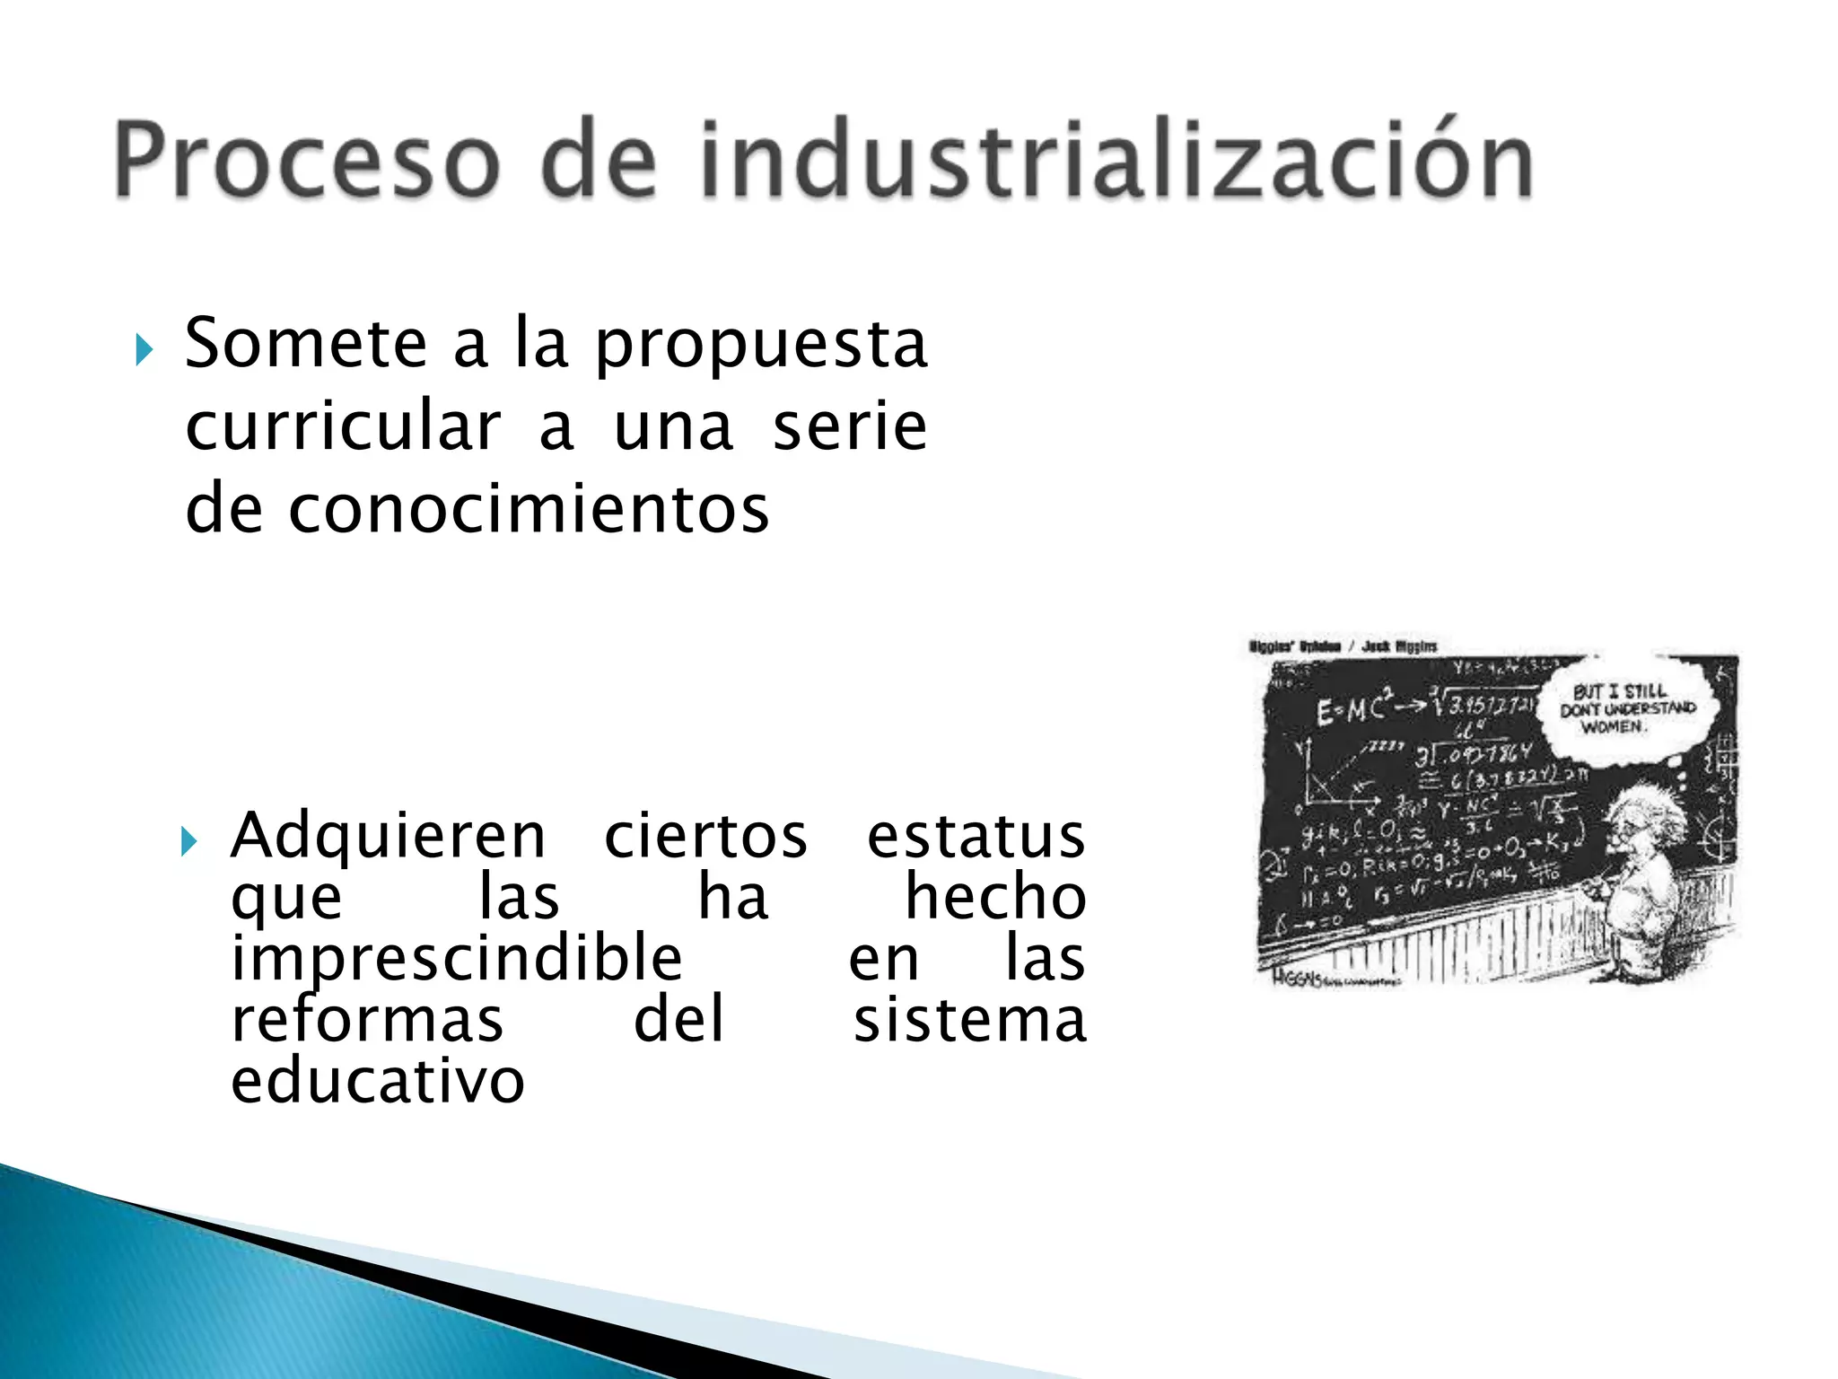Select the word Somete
(305, 343)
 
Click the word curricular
(343, 426)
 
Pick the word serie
(849, 426)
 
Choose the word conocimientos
(528, 509)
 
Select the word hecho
(995, 897)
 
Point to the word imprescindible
(457, 959)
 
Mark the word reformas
(367, 1020)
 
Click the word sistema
(969, 1020)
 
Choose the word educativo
(378, 1081)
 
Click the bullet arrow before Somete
(144, 349)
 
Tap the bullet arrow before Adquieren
(188, 842)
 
